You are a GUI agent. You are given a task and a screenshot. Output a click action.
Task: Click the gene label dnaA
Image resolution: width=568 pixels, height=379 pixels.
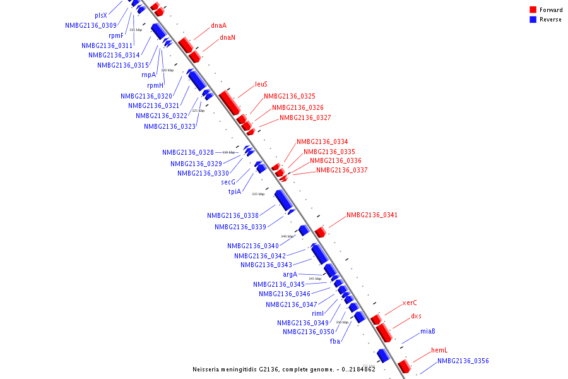click(x=218, y=26)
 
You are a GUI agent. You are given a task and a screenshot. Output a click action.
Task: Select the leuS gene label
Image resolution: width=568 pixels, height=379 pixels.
click(x=261, y=84)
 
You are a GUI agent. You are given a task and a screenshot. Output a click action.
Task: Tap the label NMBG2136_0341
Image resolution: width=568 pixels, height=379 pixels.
click(x=372, y=215)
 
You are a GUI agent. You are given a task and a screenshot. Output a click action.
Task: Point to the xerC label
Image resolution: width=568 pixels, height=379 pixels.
click(x=410, y=303)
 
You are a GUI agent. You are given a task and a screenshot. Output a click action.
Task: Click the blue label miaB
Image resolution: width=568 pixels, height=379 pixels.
click(x=428, y=332)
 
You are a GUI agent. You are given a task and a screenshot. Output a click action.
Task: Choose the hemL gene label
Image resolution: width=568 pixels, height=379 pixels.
click(x=439, y=350)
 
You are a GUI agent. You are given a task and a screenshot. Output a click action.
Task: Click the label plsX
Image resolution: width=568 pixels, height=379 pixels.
click(x=101, y=15)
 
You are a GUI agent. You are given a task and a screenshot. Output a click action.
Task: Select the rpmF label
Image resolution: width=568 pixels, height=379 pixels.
click(x=116, y=35)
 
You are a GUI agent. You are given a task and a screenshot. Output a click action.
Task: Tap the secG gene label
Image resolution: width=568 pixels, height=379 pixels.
click(x=228, y=182)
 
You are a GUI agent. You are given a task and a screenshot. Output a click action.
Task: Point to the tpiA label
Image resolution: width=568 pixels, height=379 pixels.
click(x=235, y=191)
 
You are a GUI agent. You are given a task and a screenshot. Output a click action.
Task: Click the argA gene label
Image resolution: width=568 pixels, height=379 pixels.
click(x=290, y=274)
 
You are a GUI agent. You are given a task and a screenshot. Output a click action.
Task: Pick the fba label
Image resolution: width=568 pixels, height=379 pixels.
click(x=335, y=341)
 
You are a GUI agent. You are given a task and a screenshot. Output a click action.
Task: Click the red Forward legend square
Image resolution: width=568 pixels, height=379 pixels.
click(x=533, y=10)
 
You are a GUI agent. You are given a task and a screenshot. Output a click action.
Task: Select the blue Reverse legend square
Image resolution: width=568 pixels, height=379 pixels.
click(x=533, y=20)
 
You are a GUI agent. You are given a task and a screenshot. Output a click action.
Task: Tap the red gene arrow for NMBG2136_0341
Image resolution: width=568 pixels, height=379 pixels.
click(x=320, y=232)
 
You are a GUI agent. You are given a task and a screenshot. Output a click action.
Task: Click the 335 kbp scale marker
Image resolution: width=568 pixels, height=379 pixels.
click(x=258, y=194)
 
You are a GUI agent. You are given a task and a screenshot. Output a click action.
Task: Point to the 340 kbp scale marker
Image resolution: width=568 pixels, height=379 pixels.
click(x=287, y=236)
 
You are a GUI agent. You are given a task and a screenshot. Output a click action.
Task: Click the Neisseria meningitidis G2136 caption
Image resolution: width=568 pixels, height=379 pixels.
click(x=284, y=369)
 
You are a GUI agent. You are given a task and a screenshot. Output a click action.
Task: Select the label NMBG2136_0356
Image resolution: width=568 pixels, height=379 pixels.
click(x=463, y=361)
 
